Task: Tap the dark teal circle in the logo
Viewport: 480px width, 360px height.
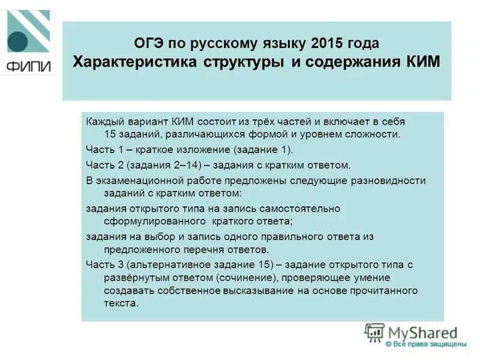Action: point(16,41)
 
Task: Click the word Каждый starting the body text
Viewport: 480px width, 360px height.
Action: point(104,122)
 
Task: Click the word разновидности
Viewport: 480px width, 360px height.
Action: point(392,180)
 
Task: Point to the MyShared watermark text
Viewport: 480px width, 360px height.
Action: point(424,332)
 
